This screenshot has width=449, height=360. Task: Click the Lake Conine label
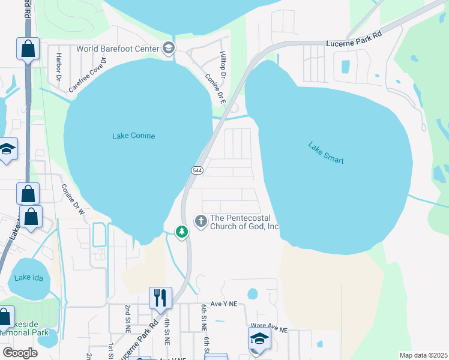pyautogui.click(x=133, y=136)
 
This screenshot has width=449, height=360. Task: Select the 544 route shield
pyautogui.click(x=198, y=170)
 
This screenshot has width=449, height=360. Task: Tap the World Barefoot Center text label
pyautogui.click(x=117, y=49)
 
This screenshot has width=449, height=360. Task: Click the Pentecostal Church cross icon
pyautogui.click(x=201, y=221)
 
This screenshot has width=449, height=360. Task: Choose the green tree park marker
pyautogui.click(x=181, y=232)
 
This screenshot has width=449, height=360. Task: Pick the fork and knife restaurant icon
pyautogui.click(x=160, y=297)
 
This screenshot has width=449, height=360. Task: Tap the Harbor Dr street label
pyautogui.click(x=59, y=66)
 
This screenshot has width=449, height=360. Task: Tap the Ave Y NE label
pyautogui.click(x=224, y=305)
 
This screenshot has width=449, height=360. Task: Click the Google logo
pyautogui.click(x=20, y=353)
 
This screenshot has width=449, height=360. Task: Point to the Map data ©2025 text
pyautogui.click(x=423, y=355)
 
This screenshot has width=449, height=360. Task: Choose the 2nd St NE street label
pyautogui.click(x=128, y=317)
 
